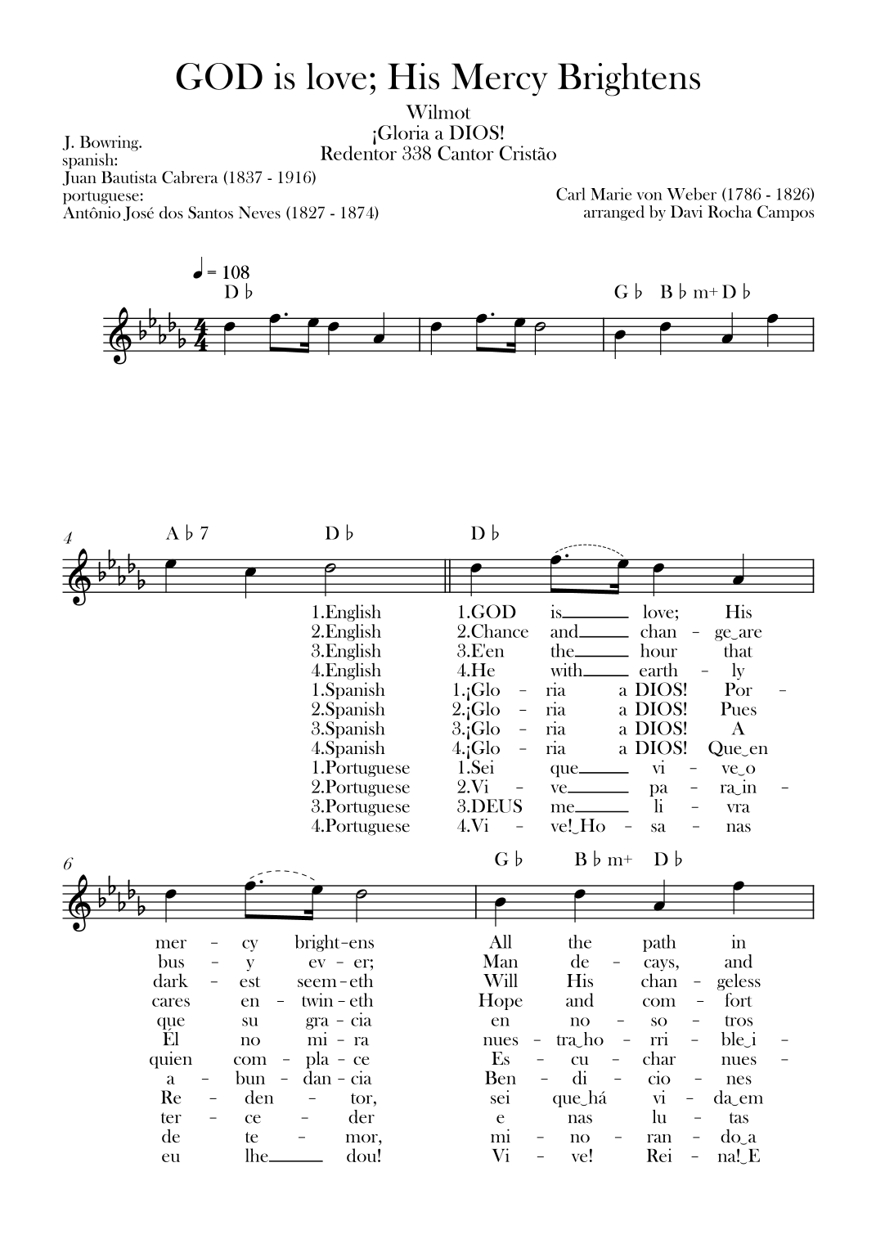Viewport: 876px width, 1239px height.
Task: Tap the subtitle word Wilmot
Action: coord(438,113)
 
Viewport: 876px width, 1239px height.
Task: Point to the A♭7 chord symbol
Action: coord(187,534)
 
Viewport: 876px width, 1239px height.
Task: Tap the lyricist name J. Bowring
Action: coord(102,142)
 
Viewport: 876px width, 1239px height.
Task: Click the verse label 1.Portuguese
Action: coord(360,768)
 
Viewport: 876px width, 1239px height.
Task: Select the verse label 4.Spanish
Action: coord(348,748)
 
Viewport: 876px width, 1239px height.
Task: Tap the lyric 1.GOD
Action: coord(486,613)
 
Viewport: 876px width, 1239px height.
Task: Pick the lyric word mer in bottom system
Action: coord(170,943)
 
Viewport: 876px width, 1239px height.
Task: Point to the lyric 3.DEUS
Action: coord(489,807)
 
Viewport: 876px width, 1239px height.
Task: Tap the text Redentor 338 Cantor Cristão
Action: coord(438,154)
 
